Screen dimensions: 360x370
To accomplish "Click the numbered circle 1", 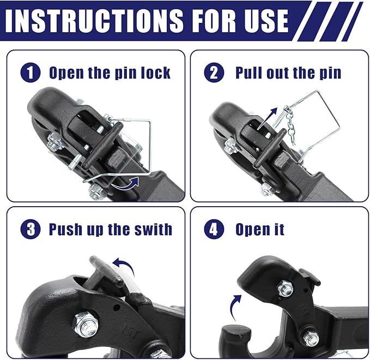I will coord(29,73).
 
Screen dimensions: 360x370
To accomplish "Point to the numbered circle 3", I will coord(29,229).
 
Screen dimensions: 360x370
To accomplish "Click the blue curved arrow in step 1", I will coord(126,184).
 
